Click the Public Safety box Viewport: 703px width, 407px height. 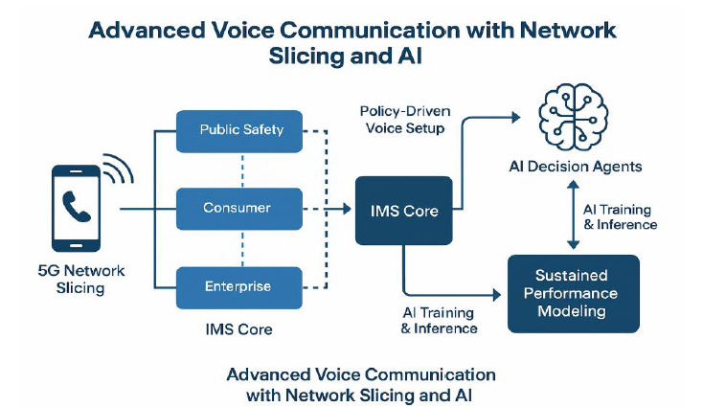[x=240, y=129]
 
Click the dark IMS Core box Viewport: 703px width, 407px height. [x=403, y=210]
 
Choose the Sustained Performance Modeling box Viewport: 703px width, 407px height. [x=573, y=293]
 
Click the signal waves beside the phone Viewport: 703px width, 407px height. [x=119, y=170]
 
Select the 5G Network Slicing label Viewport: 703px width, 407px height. [x=81, y=280]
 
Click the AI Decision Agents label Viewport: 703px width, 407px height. [x=576, y=167]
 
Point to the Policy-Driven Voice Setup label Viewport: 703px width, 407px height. [x=402, y=120]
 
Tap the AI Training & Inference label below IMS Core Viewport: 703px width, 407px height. [x=439, y=321]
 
